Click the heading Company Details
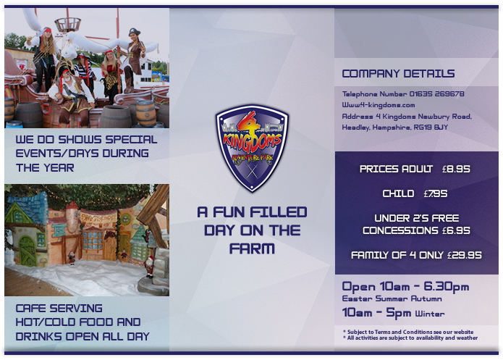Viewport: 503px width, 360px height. tap(398, 74)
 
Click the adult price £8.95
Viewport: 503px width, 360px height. tap(456, 169)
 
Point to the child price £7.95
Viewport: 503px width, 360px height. tap(435, 193)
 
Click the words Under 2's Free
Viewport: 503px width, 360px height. tap(416, 218)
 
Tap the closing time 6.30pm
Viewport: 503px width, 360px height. tap(444, 287)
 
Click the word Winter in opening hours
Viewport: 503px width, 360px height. tap(430, 314)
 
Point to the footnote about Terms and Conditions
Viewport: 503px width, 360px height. tap(408, 332)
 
